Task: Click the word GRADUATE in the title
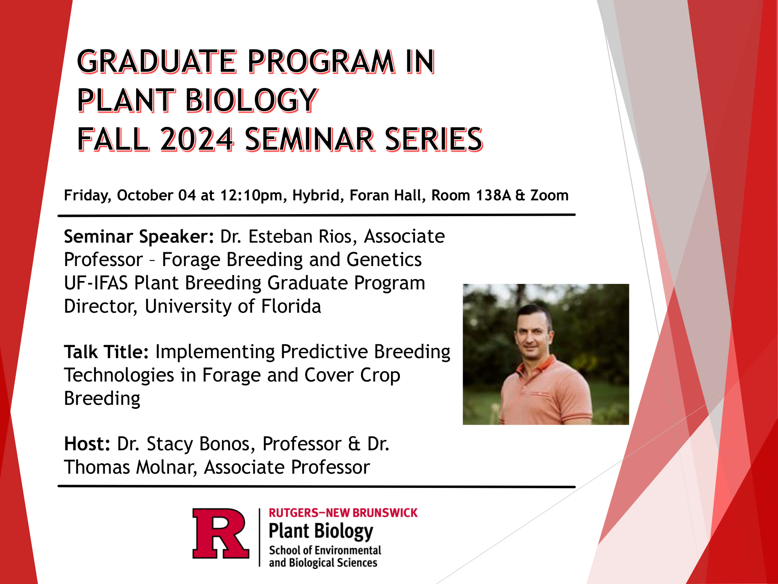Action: pyautogui.click(x=156, y=62)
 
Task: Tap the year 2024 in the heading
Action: pyautogui.click(x=197, y=140)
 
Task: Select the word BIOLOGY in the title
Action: pyautogui.click(x=251, y=100)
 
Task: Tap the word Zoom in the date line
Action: pyautogui.click(x=549, y=195)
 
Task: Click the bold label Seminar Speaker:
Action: pyautogui.click(x=139, y=237)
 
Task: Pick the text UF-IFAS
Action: pyautogui.click(x=96, y=283)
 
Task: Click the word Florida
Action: pyautogui.click(x=291, y=306)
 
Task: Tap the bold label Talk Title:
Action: pyautogui.click(x=107, y=352)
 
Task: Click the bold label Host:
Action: pyautogui.click(x=87, y=444)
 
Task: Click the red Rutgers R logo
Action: pyautogui.click(x=220, y=533)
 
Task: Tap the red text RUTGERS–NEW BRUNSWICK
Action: pyautogui.click(x=343, y=513)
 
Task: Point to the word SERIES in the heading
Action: pyautogui.click(x=434, y=140)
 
